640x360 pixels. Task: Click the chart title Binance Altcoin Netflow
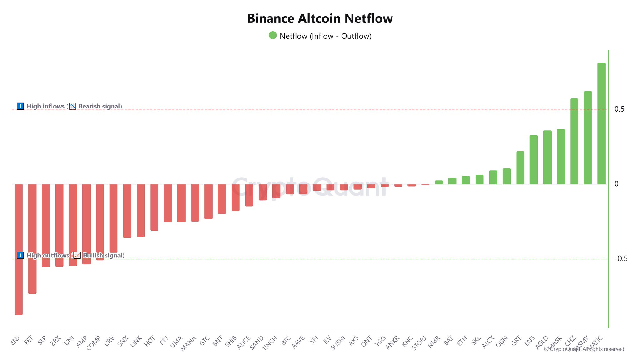(x=320, y=19)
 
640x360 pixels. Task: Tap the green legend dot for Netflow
(x=272, y=36)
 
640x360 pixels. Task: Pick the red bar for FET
(x=32, y=239)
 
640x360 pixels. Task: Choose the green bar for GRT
(x=520, y=168)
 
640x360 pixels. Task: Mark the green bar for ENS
(x=534, y=160)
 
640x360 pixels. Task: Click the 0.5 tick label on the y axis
(x=619, y=109)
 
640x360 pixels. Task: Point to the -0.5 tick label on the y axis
(x=621, y=259)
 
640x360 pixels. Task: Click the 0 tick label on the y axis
(x=616, y=184)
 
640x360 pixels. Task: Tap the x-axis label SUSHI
(x=338, y=343)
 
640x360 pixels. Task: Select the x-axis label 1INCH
(x=270, y=343)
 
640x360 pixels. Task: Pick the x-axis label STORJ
(x=419, y=343)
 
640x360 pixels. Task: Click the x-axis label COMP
(x=93, y=343)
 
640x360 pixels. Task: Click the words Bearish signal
(x=99, y=106)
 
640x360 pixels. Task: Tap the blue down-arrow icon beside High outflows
(x=20, y=255)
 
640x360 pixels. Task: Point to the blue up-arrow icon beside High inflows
(x=20, y=106)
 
